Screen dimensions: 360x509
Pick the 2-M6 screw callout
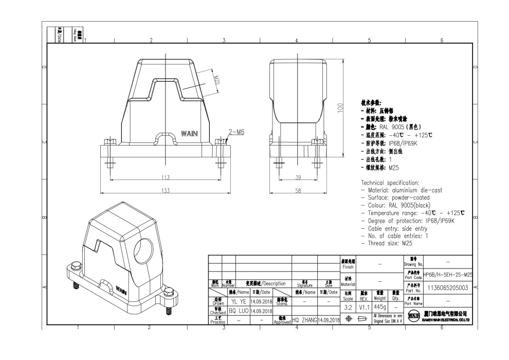237,132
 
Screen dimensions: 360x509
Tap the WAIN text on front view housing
188,133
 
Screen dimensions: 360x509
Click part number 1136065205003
447,288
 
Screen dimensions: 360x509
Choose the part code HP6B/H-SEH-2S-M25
447,275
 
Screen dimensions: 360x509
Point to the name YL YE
238,302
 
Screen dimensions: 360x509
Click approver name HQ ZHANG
304,320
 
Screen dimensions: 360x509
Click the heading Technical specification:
390,183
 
